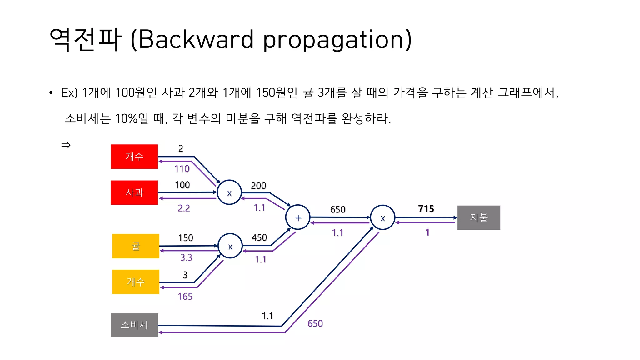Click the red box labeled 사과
point(134,192)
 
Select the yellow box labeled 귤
point(136,246)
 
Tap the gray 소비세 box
point(134,325)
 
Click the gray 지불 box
point(478,217)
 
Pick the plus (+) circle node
point(298,217)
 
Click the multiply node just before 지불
point(382,217)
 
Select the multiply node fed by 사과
point(229,192)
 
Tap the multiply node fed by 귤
point(230,246)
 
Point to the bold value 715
point(426,209)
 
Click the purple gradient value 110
point(182,169)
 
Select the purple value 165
point(185,297)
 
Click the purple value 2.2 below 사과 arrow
point(184,208)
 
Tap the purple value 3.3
point(186,257)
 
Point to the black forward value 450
point(259,237)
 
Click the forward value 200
point(258,186)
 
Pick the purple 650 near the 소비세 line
point(315,323)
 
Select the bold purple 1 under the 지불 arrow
point(427,232)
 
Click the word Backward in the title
point(196,40)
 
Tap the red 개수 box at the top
point(134,157)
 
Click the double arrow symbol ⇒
point(66,145)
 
